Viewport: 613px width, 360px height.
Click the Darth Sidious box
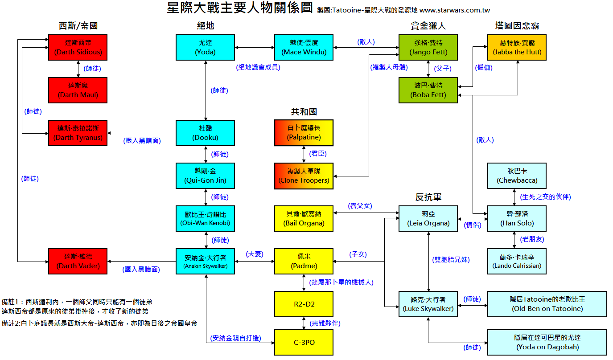pyautogui.click(x=78, y=47)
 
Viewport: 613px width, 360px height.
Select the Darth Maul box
pyautogui.click(x=78, y=90)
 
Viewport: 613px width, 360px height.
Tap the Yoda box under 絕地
pyautogui.click(x=205, y=47)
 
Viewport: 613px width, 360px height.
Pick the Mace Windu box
pyautogui.click(x=303, y=47)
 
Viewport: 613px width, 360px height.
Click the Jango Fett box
pyautogui.click(x=428, y=47)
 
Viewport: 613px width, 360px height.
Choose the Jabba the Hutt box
pyautogui.click(x=517, y=47)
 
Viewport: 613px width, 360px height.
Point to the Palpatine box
pyautogui.click(x=304, y=133)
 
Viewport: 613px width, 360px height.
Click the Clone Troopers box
pyautogui.click(x=304, y=176)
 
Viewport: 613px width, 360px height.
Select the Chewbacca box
pyautogui.click(x=517, y=176)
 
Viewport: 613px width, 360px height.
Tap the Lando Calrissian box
pyautogui.click(x=517, y=261)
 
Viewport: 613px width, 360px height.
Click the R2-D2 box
pyautogui.click(x=304, y=304)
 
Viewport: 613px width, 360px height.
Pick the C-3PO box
pyautogui.click(x=304, y=342)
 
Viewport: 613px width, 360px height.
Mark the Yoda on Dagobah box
pyautogui.click(x=547, y=342)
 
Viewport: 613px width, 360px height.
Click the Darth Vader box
pyautogui.click(x=78, y=261)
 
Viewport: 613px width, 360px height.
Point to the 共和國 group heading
pyautogui.click(x=304, y=112)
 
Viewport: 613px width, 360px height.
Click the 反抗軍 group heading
pyautogui.click(x=428, y=197)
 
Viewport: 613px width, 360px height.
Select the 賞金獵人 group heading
pyautogui.click(x=428, y=26)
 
